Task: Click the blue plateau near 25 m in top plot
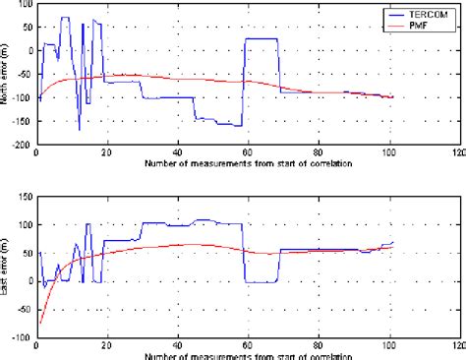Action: (x=261, y=38)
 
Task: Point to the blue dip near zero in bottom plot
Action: (x=259, y=282)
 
